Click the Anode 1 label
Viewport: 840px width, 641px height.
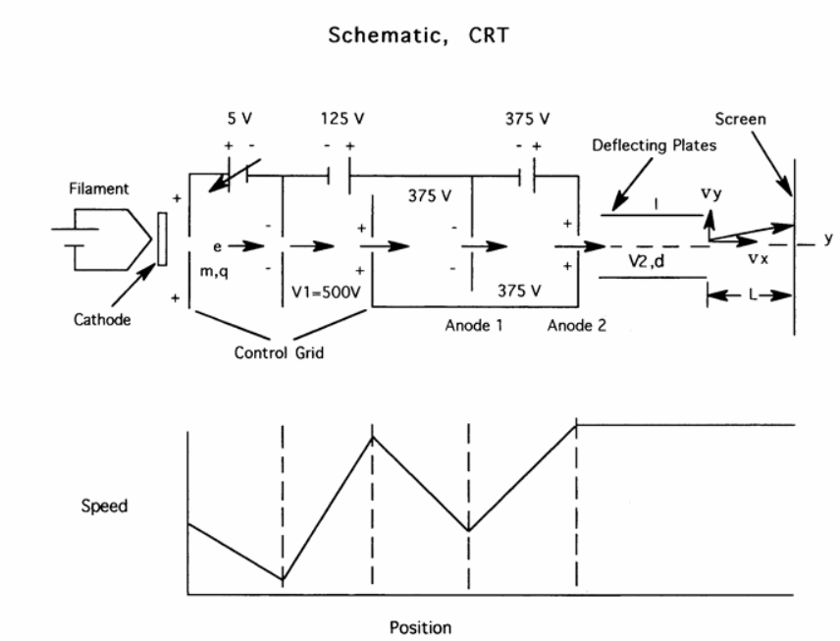pyautogui.click(x=475, y=326)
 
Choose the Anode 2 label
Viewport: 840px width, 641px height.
pyautogui.click(x=577, y=326)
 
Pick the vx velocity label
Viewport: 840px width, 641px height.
pyautogui.click(x=758, y=259)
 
